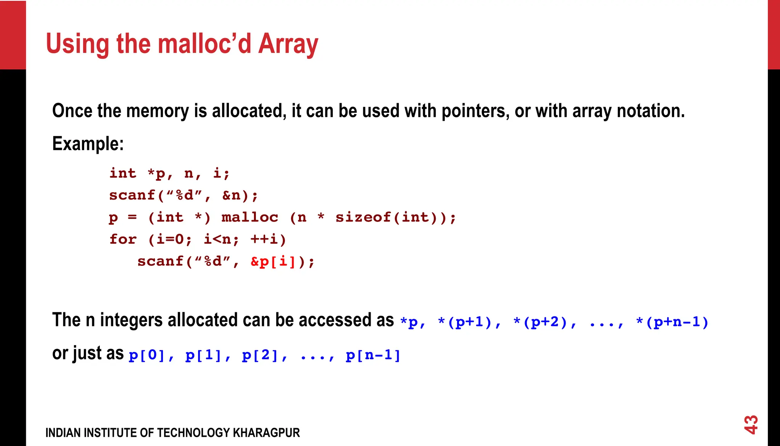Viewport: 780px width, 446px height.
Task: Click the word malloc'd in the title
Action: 204,44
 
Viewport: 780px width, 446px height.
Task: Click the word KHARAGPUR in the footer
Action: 266,433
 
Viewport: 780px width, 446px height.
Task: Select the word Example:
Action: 88,144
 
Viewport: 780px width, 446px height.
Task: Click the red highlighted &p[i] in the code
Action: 273,262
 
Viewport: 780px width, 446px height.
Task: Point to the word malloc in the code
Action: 249,217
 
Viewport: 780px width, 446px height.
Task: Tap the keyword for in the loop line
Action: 123,240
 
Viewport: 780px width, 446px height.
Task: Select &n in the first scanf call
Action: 231,196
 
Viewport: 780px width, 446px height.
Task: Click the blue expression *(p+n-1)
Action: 672,322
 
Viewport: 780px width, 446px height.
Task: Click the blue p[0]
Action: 147,355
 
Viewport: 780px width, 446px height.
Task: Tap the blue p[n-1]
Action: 373,355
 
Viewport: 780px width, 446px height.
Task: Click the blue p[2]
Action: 260,355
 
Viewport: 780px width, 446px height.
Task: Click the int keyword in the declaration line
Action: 123,174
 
